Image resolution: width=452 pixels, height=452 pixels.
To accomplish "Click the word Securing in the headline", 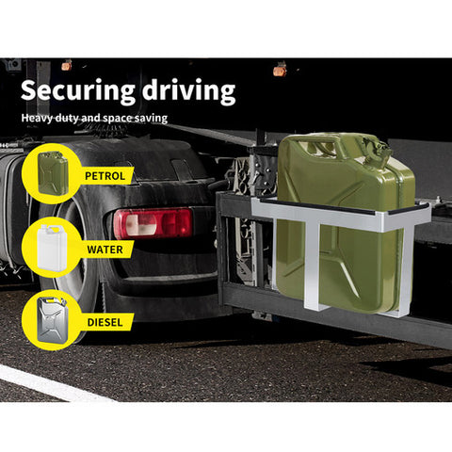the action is coord(78,91).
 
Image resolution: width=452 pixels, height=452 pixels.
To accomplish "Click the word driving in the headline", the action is coord(188,91).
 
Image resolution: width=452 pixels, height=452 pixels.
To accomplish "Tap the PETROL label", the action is coord(105,176).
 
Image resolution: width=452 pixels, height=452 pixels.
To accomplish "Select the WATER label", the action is coord(105,250).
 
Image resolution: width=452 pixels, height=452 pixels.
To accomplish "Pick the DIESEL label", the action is coord(105,322).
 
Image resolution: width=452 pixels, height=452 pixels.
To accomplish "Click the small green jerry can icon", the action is coord(53,173).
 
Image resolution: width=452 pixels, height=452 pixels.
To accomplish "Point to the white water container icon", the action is coord(52,248).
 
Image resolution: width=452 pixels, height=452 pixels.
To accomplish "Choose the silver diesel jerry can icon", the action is coord(52,320).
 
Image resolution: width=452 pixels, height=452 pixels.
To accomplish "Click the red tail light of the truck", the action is coord(153,223).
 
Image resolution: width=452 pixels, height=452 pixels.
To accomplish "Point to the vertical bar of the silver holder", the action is coord(312,263).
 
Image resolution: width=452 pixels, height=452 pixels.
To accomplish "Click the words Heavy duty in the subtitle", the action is coord(50,119).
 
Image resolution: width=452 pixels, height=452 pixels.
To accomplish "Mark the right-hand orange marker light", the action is coord(279,71).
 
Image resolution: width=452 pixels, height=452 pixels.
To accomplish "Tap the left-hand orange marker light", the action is coord(66,66).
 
